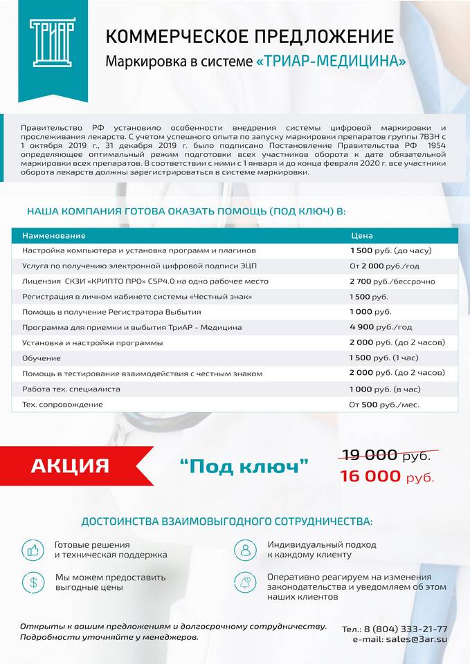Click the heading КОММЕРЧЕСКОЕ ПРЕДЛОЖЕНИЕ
(250, 36)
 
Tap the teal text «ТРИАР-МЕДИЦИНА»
(331, 62)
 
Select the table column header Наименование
(48, 236)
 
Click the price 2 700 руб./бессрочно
(392, 282)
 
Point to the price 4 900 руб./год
(381, 327)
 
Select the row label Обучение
(42, 358)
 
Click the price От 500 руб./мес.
(384, 405)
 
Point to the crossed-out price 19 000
(368, 455)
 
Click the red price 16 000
(370, 476)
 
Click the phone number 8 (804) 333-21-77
(405, 629)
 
